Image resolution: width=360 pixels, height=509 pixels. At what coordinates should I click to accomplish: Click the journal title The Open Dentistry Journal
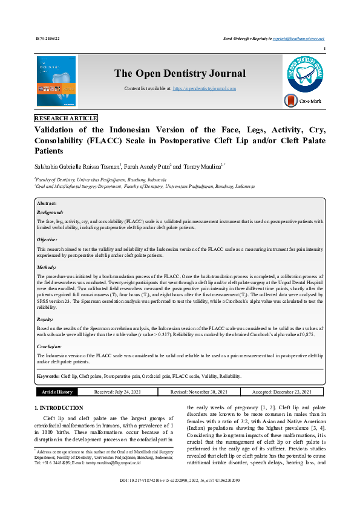[180, 74]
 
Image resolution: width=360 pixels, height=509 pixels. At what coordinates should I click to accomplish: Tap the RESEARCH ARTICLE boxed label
[66, 118]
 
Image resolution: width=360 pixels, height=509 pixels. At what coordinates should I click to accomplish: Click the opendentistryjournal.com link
[204, 88]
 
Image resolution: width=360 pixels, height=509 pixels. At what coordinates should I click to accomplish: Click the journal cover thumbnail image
[56, 81]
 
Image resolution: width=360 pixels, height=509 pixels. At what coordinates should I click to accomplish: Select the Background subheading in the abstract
[50, 213]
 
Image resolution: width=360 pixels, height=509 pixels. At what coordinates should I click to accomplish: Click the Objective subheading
[49, 239]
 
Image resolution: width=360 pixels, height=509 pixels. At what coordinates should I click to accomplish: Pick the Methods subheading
[47, 266]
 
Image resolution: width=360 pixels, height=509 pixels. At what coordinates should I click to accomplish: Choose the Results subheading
[46, 319]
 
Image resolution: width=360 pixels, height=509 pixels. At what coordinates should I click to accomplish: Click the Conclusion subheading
[50, 346]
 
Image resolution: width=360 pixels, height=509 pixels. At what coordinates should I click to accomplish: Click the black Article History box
[56, 392]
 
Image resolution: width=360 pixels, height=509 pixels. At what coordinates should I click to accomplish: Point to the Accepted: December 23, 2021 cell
[283, 392]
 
